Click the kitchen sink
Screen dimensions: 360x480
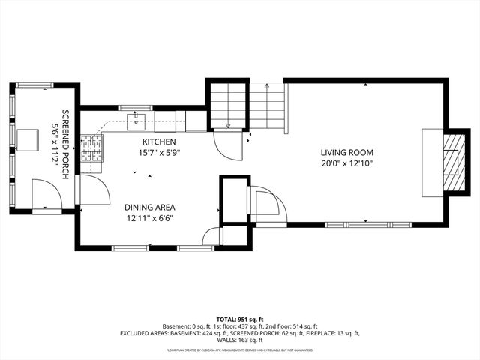coord(137,118)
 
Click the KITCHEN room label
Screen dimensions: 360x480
coord(159,142)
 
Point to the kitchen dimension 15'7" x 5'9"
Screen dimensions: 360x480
coord(159,152)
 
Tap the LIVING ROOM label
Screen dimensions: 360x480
coord(346,152)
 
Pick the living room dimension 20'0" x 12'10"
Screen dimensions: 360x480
coord(346,163)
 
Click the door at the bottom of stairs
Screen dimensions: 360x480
coord(227,142)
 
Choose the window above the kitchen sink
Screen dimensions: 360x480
coord(136,108)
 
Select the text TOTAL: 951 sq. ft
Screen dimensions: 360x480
coord(240,319)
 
